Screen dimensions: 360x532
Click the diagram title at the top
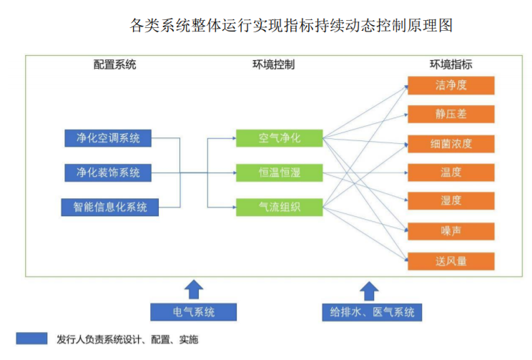click(x=291, y=25)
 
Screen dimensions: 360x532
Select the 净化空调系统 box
click(x=108, y=138)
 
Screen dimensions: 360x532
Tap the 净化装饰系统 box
click(x=108, y=172)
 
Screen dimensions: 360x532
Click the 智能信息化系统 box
click(x=109, y=208)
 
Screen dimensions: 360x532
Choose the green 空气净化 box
click(x=279, y=138)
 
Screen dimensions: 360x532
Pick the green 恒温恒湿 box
click(x=279, y=172)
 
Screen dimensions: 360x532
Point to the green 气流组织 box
click(x=279, y=208)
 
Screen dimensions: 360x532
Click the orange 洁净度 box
click(x=450, y=85)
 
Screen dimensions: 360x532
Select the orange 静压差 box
click(x=450, y=114)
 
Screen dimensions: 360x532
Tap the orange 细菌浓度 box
click(x=450, y=143)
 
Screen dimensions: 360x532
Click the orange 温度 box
click(x=450, y=172)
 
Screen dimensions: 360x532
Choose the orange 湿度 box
click(x=450, y=201)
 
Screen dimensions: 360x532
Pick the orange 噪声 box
click(x=450, y=231)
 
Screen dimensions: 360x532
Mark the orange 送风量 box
click(x=450, y=261)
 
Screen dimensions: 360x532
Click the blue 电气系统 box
click(x=193, y=312)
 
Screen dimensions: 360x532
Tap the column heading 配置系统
click(x=114, y=64)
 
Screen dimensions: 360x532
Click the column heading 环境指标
click(x=450, y=64)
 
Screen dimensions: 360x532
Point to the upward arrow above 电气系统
click(x=193, y=289)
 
